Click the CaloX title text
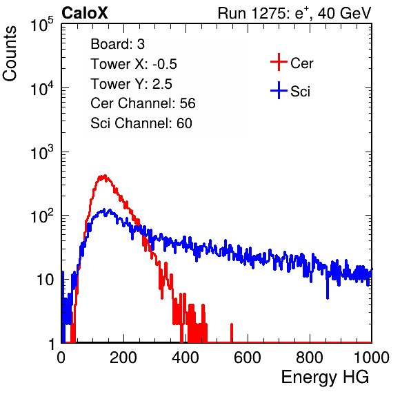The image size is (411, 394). pos(85,13)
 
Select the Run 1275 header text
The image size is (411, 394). pos(294,14)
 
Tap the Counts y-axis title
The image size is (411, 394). pos(10,54)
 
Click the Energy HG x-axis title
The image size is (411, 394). pos(325,377)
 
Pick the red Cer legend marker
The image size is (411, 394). pos(279,62)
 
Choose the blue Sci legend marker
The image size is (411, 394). pos(279,91)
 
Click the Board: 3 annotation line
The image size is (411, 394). pos(117,44)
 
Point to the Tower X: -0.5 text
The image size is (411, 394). pos(134,64)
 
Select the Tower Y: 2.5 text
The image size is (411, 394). pos(131,84)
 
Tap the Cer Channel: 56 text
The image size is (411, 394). pos(143,103)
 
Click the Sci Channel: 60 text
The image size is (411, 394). pos(141,123)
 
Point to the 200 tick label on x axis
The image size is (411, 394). pos(123,357)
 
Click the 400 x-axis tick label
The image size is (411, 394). pos(186,357)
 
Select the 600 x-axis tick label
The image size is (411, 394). pos(248,357)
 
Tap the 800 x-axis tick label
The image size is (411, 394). pos(310,357)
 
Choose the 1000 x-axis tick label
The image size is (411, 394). pos(372,357)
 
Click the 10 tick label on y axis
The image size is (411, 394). pos(46,280)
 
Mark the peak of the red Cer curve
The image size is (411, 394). pos(105,176)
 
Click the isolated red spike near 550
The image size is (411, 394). pos(232,333)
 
